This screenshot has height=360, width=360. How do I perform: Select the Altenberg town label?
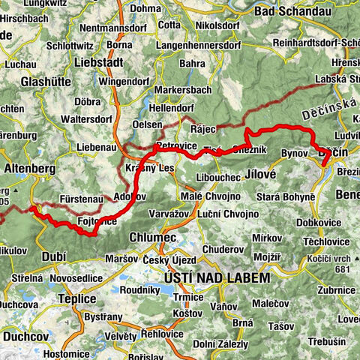click(x=30, y=169)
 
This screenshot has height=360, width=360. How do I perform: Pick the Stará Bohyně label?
click(x=295, y=196)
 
